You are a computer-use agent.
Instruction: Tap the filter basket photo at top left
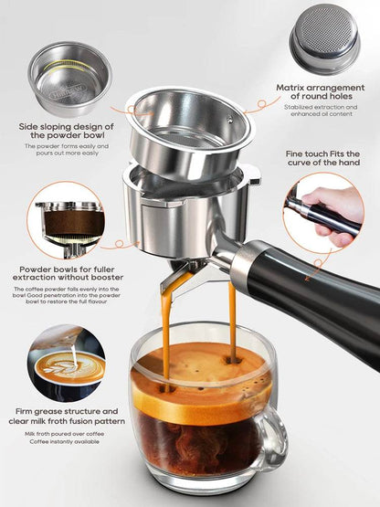pyautogui.click(x=69, y=77)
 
